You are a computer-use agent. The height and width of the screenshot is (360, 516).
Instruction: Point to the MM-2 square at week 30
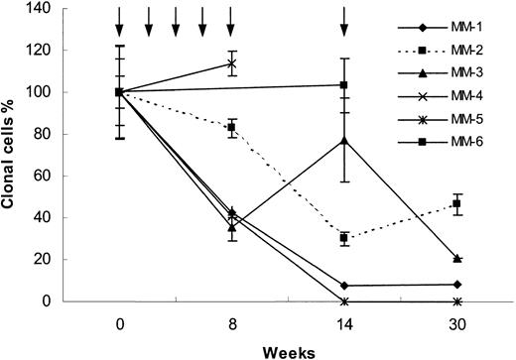pos(456,203)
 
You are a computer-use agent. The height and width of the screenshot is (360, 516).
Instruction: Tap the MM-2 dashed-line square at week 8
pos(231,127)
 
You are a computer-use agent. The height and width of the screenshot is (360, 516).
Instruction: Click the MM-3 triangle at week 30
pos(456,258)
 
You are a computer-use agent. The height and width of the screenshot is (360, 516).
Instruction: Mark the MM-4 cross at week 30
pos(456,300)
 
